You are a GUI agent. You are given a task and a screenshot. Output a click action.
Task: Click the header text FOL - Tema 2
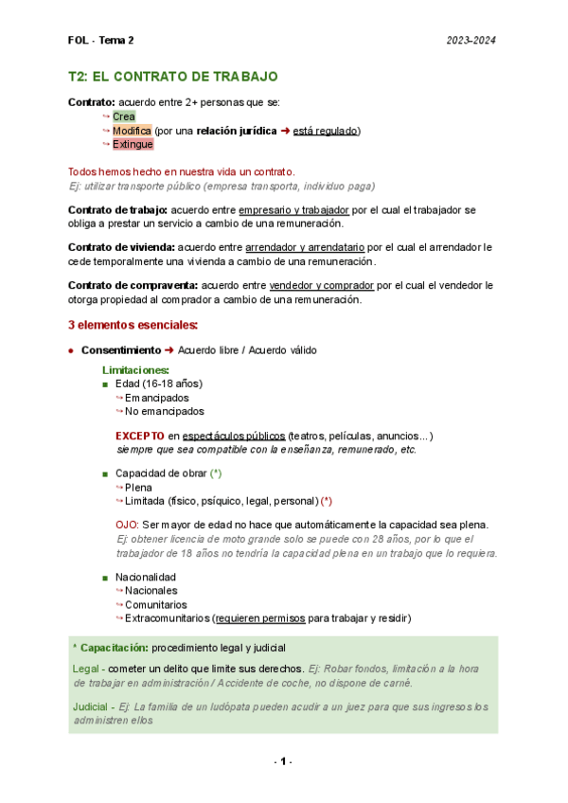point(101,41)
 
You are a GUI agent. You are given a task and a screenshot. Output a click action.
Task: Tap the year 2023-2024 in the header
point(471,41)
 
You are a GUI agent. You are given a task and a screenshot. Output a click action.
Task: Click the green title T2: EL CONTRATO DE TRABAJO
point(173,76)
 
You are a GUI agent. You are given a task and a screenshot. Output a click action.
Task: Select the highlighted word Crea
point(123,116)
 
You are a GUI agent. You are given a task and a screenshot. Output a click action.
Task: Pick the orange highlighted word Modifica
point(131,131)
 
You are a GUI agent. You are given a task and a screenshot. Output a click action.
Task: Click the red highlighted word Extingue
point(133,145)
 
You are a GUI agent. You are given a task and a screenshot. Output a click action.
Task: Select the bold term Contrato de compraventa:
point(133,285)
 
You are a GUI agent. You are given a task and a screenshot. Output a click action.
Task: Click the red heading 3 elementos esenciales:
point(133,325)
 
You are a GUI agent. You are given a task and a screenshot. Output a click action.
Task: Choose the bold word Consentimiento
point(120,350)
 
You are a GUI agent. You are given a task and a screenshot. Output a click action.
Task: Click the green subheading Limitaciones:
point(135,369)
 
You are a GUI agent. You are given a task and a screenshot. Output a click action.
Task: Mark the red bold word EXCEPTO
point(140,436)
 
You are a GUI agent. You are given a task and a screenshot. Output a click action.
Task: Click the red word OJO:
point(126,524)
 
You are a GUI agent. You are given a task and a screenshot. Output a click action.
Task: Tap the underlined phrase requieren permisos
point(260,618)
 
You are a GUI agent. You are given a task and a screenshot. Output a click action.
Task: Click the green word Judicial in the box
point(89,706)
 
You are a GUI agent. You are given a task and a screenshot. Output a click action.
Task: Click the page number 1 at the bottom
point(283,762)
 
